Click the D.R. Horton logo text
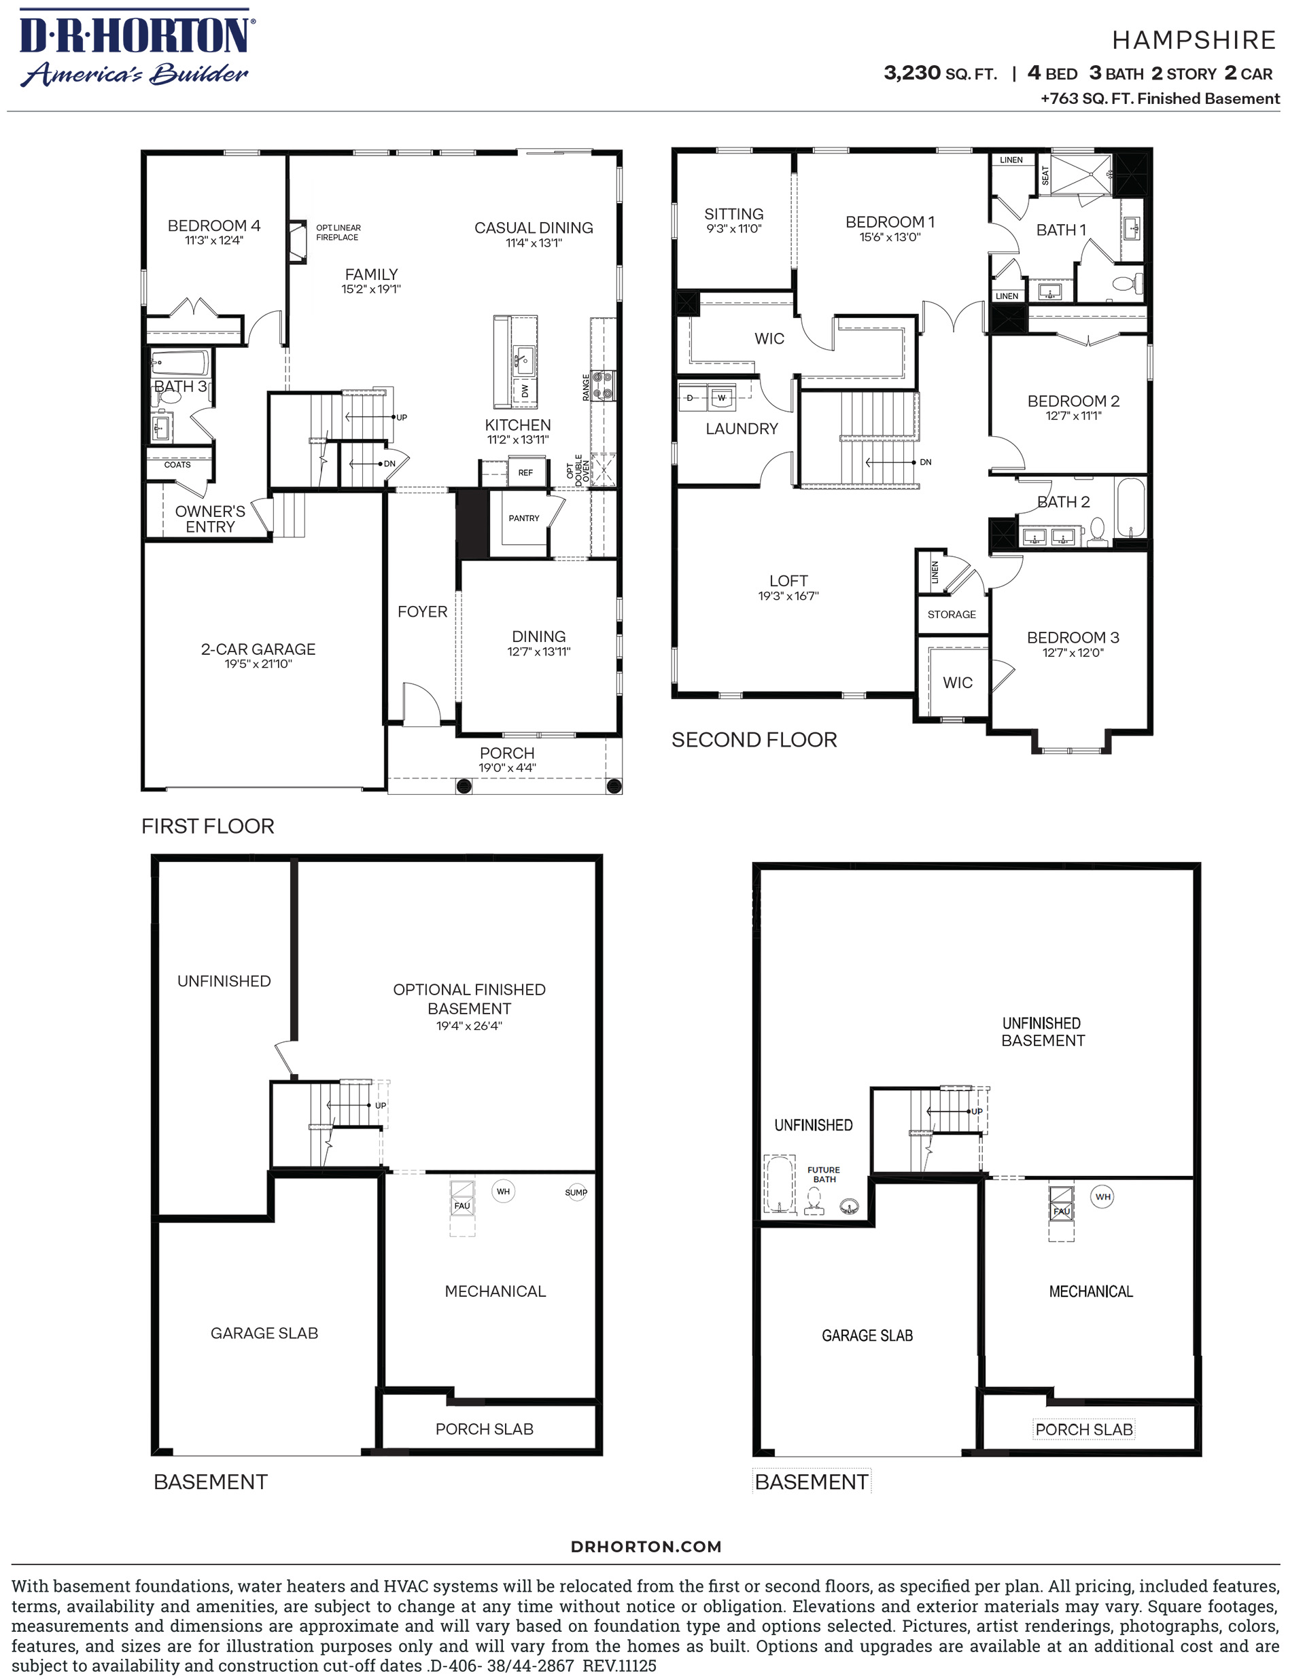click(x=135, y=35)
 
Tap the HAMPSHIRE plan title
click(x=1194, y=40)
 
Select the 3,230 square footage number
click(x=912, y=73)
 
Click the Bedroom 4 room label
click(x=214, y=226)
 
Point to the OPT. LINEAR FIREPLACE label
click(x=338, y=232)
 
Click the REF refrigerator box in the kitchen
click(x=525, y=472)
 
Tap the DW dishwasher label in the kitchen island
click(x=525, y=391)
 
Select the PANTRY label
click(x=524, y=518)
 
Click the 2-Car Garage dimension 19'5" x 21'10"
click(x=258, y=664)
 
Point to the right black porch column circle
click(x=614, y=785)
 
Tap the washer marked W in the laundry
click(x=721, y=397)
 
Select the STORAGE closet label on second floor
click(x=952, y=615)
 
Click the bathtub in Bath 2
click(x=1130, y=507)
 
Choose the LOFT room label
click(x=788, y=581)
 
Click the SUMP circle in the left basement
click(x=576, y=1192)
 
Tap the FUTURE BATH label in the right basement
click(x=823, y=1174)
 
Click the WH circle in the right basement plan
click(x=1102, y=1197)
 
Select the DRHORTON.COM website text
click(x=646, y=1546)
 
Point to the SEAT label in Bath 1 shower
click(x=1045, y=175)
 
